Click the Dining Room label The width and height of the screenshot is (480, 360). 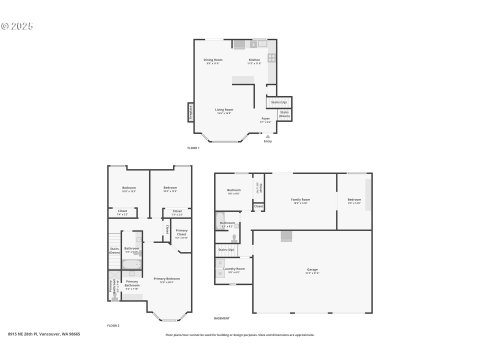(213, 60)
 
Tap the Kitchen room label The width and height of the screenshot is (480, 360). (255, 60)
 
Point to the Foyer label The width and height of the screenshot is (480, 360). (265, 120)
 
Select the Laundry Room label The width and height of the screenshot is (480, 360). (233, 269)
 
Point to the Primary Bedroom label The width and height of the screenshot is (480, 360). (166, 279)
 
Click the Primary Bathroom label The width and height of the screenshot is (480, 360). (132, 284)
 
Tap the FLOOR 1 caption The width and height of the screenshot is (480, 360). (193, 148)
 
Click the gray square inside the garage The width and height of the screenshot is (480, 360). (287, 236)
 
